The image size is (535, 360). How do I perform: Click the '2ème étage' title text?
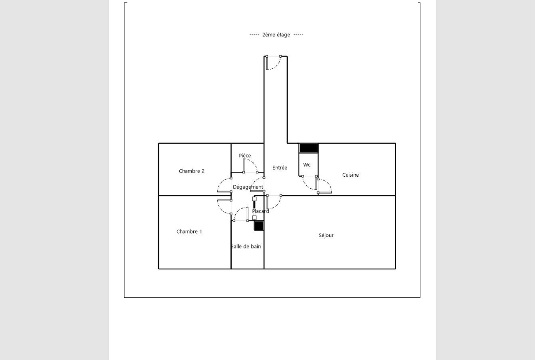click(x=276, y=35)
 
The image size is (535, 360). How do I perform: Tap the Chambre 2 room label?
click(x=192, y=171)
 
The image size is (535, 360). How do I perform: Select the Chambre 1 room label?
click(x=189, y=231)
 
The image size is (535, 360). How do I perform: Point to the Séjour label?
click(x=326, y=235)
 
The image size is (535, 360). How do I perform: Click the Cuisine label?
click(x=350, y=175)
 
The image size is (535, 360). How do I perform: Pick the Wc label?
click(x=307, y=165)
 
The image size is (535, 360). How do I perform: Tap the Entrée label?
click(x=280, y=168)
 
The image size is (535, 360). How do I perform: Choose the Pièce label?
click(x=245, y=155)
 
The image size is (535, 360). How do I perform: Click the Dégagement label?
click(x=248, y=187)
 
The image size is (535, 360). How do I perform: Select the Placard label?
click(x=260, y=211)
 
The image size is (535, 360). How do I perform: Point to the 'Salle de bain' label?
click(x=246, y=246)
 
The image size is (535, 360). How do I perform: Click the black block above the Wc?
click(x=309, y=148)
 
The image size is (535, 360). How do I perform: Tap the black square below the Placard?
click(x=259, y=226)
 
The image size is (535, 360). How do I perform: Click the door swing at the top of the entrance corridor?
click(x=277, y=65)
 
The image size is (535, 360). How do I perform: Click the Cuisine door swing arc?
click(x=328, y=183)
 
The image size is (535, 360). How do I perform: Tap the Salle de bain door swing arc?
click(x=237, y=211)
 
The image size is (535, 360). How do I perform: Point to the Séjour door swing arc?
click(x=277, y=205)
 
